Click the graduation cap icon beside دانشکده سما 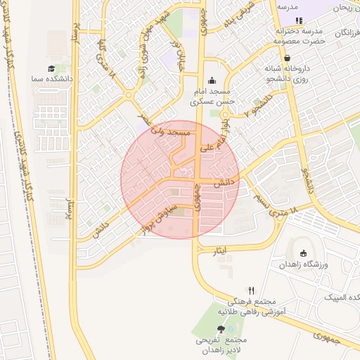tap(51, 69)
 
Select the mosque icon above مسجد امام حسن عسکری tap(212, 80)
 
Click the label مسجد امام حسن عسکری tap(214, 97)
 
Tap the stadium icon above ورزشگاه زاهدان tap(304, 254)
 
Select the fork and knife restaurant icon tap(250, 290)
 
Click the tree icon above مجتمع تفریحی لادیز tap(222, 329)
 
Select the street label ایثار tap(221, 250)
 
